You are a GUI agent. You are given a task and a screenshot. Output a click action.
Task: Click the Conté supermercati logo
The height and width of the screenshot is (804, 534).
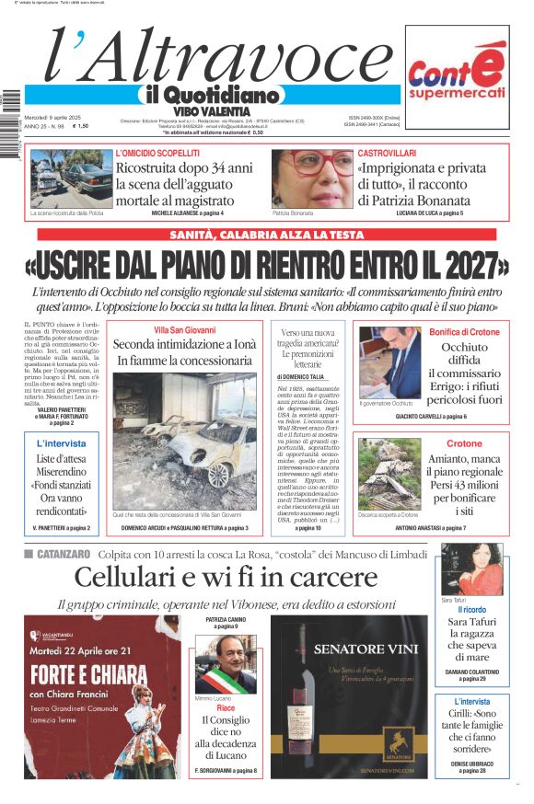(458, 77)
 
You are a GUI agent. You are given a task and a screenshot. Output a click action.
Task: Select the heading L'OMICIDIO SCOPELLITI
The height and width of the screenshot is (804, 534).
(157, 153)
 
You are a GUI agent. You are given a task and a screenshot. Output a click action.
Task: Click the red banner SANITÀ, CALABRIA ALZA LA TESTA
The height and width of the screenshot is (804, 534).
(267, 235)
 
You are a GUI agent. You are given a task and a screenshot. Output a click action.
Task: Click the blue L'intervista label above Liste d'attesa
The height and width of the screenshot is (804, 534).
(62, 443)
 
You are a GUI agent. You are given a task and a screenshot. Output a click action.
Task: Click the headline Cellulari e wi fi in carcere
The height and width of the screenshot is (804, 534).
(226, 578)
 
